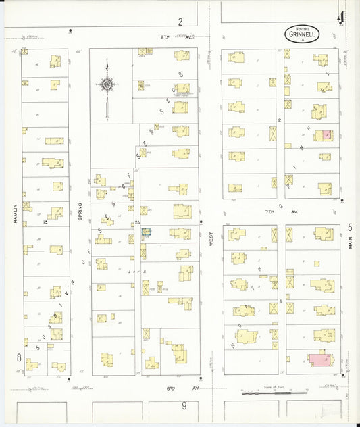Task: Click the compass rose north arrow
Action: tap(107, 84)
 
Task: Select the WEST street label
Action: tap(211, 243)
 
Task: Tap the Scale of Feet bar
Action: tap(270, 393)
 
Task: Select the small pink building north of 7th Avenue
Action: tap(326, 134)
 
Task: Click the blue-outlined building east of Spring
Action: tap(146, 231)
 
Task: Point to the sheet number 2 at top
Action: tap(180, 22)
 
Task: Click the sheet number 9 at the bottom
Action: tap(184, 405)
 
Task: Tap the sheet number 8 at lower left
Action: tap(19, 356)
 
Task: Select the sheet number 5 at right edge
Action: tap(350, 228)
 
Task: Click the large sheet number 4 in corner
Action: tap(342, 16)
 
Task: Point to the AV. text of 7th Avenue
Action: tap(294, 211)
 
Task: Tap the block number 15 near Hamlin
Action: tap(45, 221)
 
